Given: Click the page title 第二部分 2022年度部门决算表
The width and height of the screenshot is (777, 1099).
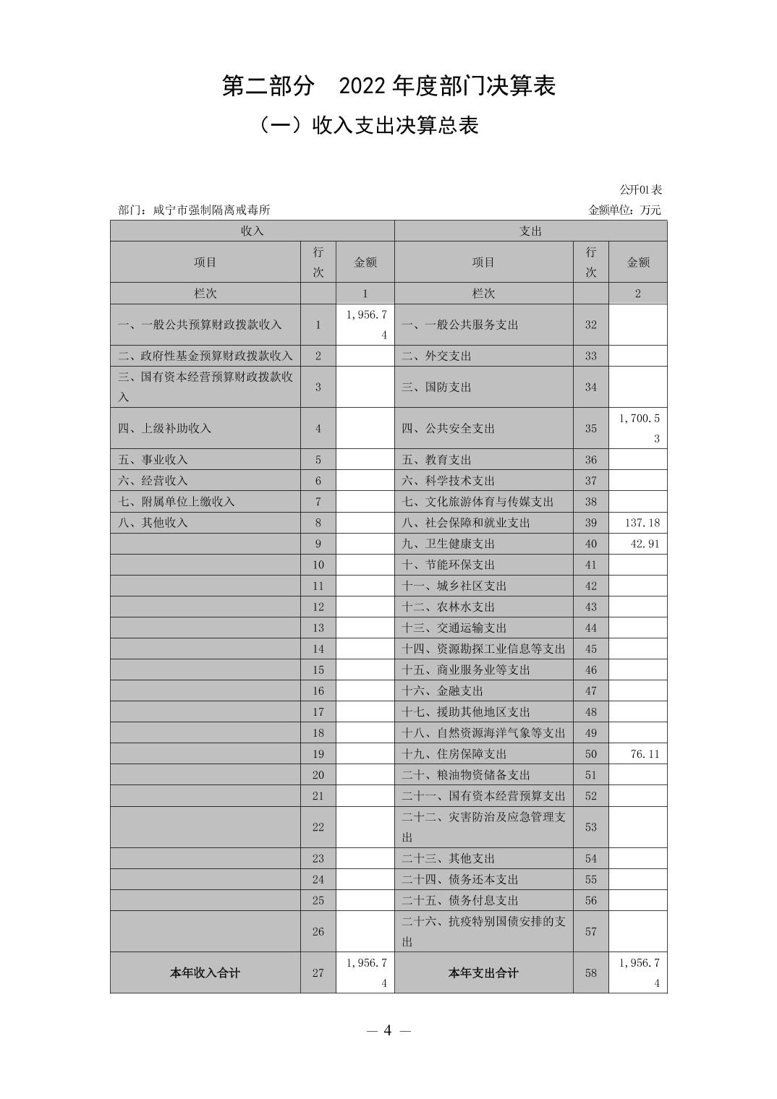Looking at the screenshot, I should [x=388, y=87].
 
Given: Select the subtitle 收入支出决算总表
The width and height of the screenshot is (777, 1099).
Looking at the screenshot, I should [x=369, y=126].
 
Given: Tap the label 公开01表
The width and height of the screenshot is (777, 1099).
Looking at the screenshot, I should [x=640, y=190].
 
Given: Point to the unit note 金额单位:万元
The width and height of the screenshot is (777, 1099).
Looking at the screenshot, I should [x=624, y=210].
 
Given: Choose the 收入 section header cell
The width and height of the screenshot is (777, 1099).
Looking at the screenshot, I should [x=252, y=231].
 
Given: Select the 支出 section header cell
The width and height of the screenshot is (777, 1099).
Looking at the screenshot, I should [x=530, y=231].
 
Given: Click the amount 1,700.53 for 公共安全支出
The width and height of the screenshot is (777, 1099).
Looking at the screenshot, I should [x=639, y=428].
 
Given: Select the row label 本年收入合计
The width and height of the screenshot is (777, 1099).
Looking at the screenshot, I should [x=205, y=973].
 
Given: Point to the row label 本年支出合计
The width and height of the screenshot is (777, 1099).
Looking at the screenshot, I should [x=483, y=973].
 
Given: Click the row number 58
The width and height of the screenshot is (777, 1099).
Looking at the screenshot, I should [x=591, y=973].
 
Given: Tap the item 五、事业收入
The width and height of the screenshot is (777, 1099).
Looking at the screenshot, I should [x=153, y=460].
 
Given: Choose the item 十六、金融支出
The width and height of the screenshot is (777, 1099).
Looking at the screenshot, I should [x=442, y=691].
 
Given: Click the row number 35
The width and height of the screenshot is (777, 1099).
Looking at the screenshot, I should [x=591, y=429].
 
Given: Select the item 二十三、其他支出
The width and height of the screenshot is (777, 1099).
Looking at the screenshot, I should [x=448, y=859].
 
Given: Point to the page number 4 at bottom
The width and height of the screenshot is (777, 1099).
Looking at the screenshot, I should [x=388, y=1030].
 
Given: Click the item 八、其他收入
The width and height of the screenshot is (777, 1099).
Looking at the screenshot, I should [x=153, y=523].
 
